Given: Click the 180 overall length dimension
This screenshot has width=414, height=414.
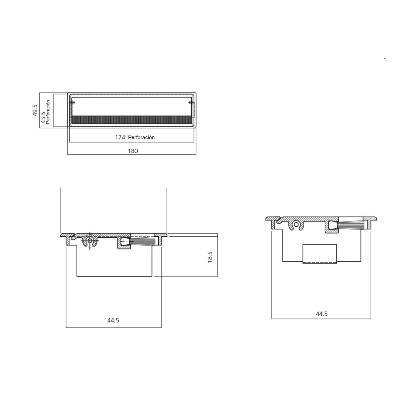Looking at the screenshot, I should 133,151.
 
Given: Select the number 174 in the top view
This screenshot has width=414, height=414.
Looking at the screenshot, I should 120,137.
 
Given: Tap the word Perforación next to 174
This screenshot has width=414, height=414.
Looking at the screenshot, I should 141,137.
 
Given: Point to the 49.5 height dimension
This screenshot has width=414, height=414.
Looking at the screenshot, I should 35,110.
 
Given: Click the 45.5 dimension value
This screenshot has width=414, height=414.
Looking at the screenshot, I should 43,117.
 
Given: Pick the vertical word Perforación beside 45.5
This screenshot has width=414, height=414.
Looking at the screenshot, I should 48,111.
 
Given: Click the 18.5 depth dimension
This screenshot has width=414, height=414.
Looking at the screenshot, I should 210,257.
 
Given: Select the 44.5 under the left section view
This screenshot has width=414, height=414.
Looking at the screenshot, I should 113,320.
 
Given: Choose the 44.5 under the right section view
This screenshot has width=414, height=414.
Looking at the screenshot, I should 322,314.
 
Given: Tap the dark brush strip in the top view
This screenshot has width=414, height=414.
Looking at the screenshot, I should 131,120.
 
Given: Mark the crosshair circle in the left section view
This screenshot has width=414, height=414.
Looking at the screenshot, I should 90,241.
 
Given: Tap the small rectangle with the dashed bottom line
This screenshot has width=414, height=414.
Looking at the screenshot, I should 319,254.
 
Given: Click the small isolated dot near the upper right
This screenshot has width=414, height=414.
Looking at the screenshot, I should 384,59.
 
